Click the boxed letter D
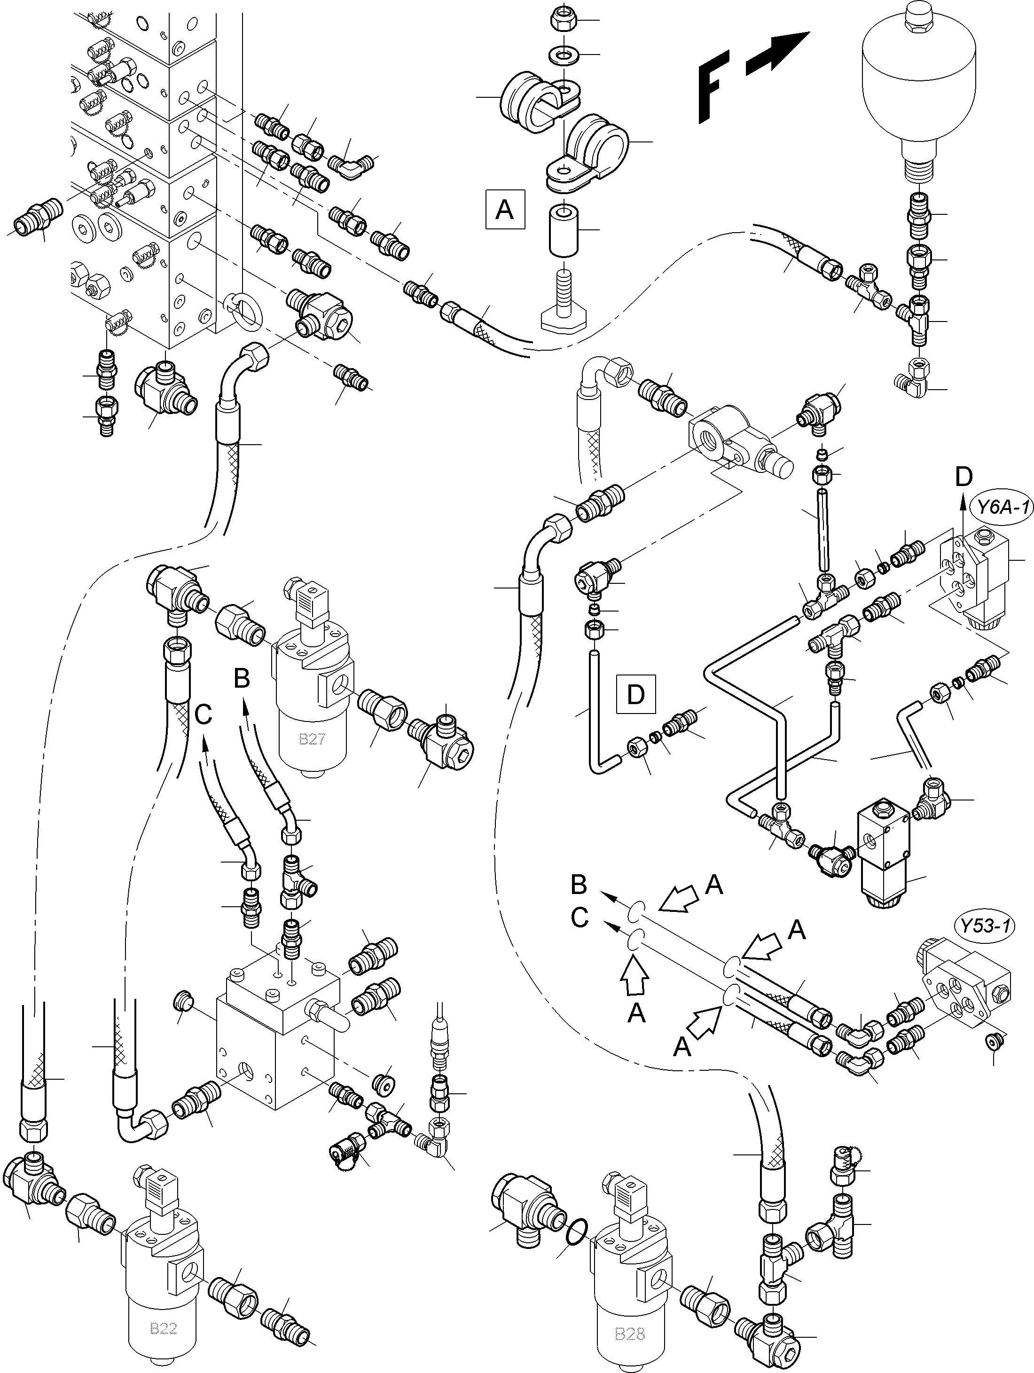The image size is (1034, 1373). (x=635, y=694)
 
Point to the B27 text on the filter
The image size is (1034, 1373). (x=312, y=739)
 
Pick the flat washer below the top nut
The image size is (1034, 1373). (x=561, y=55)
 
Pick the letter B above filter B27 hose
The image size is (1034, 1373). (x=242, y=678)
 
